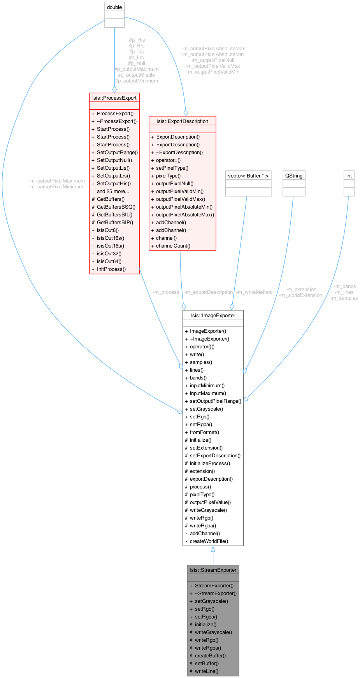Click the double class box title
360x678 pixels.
tap(114, 7)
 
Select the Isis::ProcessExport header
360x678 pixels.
tap(114, 98)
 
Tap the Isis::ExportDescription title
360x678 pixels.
tap(182, 121)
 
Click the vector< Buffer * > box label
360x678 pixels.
tap(248, 176)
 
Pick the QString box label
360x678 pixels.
tap(294, 176)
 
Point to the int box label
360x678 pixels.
tap(349, 176)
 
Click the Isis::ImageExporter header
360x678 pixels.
tap(213, 315)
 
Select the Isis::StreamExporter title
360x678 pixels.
tap(213, 570)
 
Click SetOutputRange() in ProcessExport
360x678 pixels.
tap(117, 152)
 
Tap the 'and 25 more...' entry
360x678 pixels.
tap(113, 191)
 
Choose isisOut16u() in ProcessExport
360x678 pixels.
tap(111, 246)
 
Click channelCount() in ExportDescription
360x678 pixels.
tap(173, 246)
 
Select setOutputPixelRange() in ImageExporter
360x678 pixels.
tap(215, 401)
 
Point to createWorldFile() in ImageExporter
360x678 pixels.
tap(209, 541)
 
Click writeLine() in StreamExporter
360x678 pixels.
tap(207, 671)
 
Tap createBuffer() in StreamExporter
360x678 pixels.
tap(210, 655)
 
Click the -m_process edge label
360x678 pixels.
tap(166, 292)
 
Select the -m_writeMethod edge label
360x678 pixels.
tap(254, 292)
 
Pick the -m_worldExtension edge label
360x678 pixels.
tap(300, 295)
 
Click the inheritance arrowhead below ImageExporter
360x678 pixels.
tap(213, 549)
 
